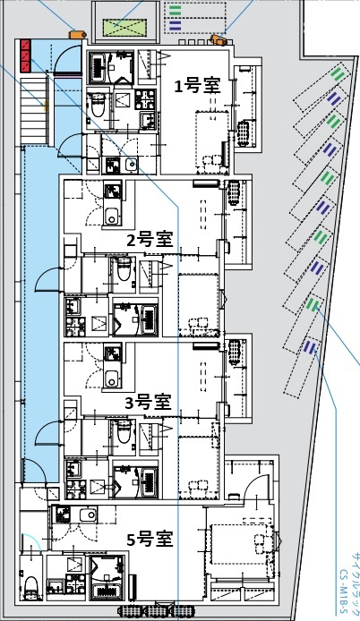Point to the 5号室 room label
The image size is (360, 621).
pos(149,539)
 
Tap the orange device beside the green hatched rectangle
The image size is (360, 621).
pos(76,35)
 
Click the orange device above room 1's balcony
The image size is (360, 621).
pos(218,39)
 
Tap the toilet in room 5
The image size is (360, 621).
pos(30,586)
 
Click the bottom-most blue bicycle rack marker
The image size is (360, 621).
pos(309,346)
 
